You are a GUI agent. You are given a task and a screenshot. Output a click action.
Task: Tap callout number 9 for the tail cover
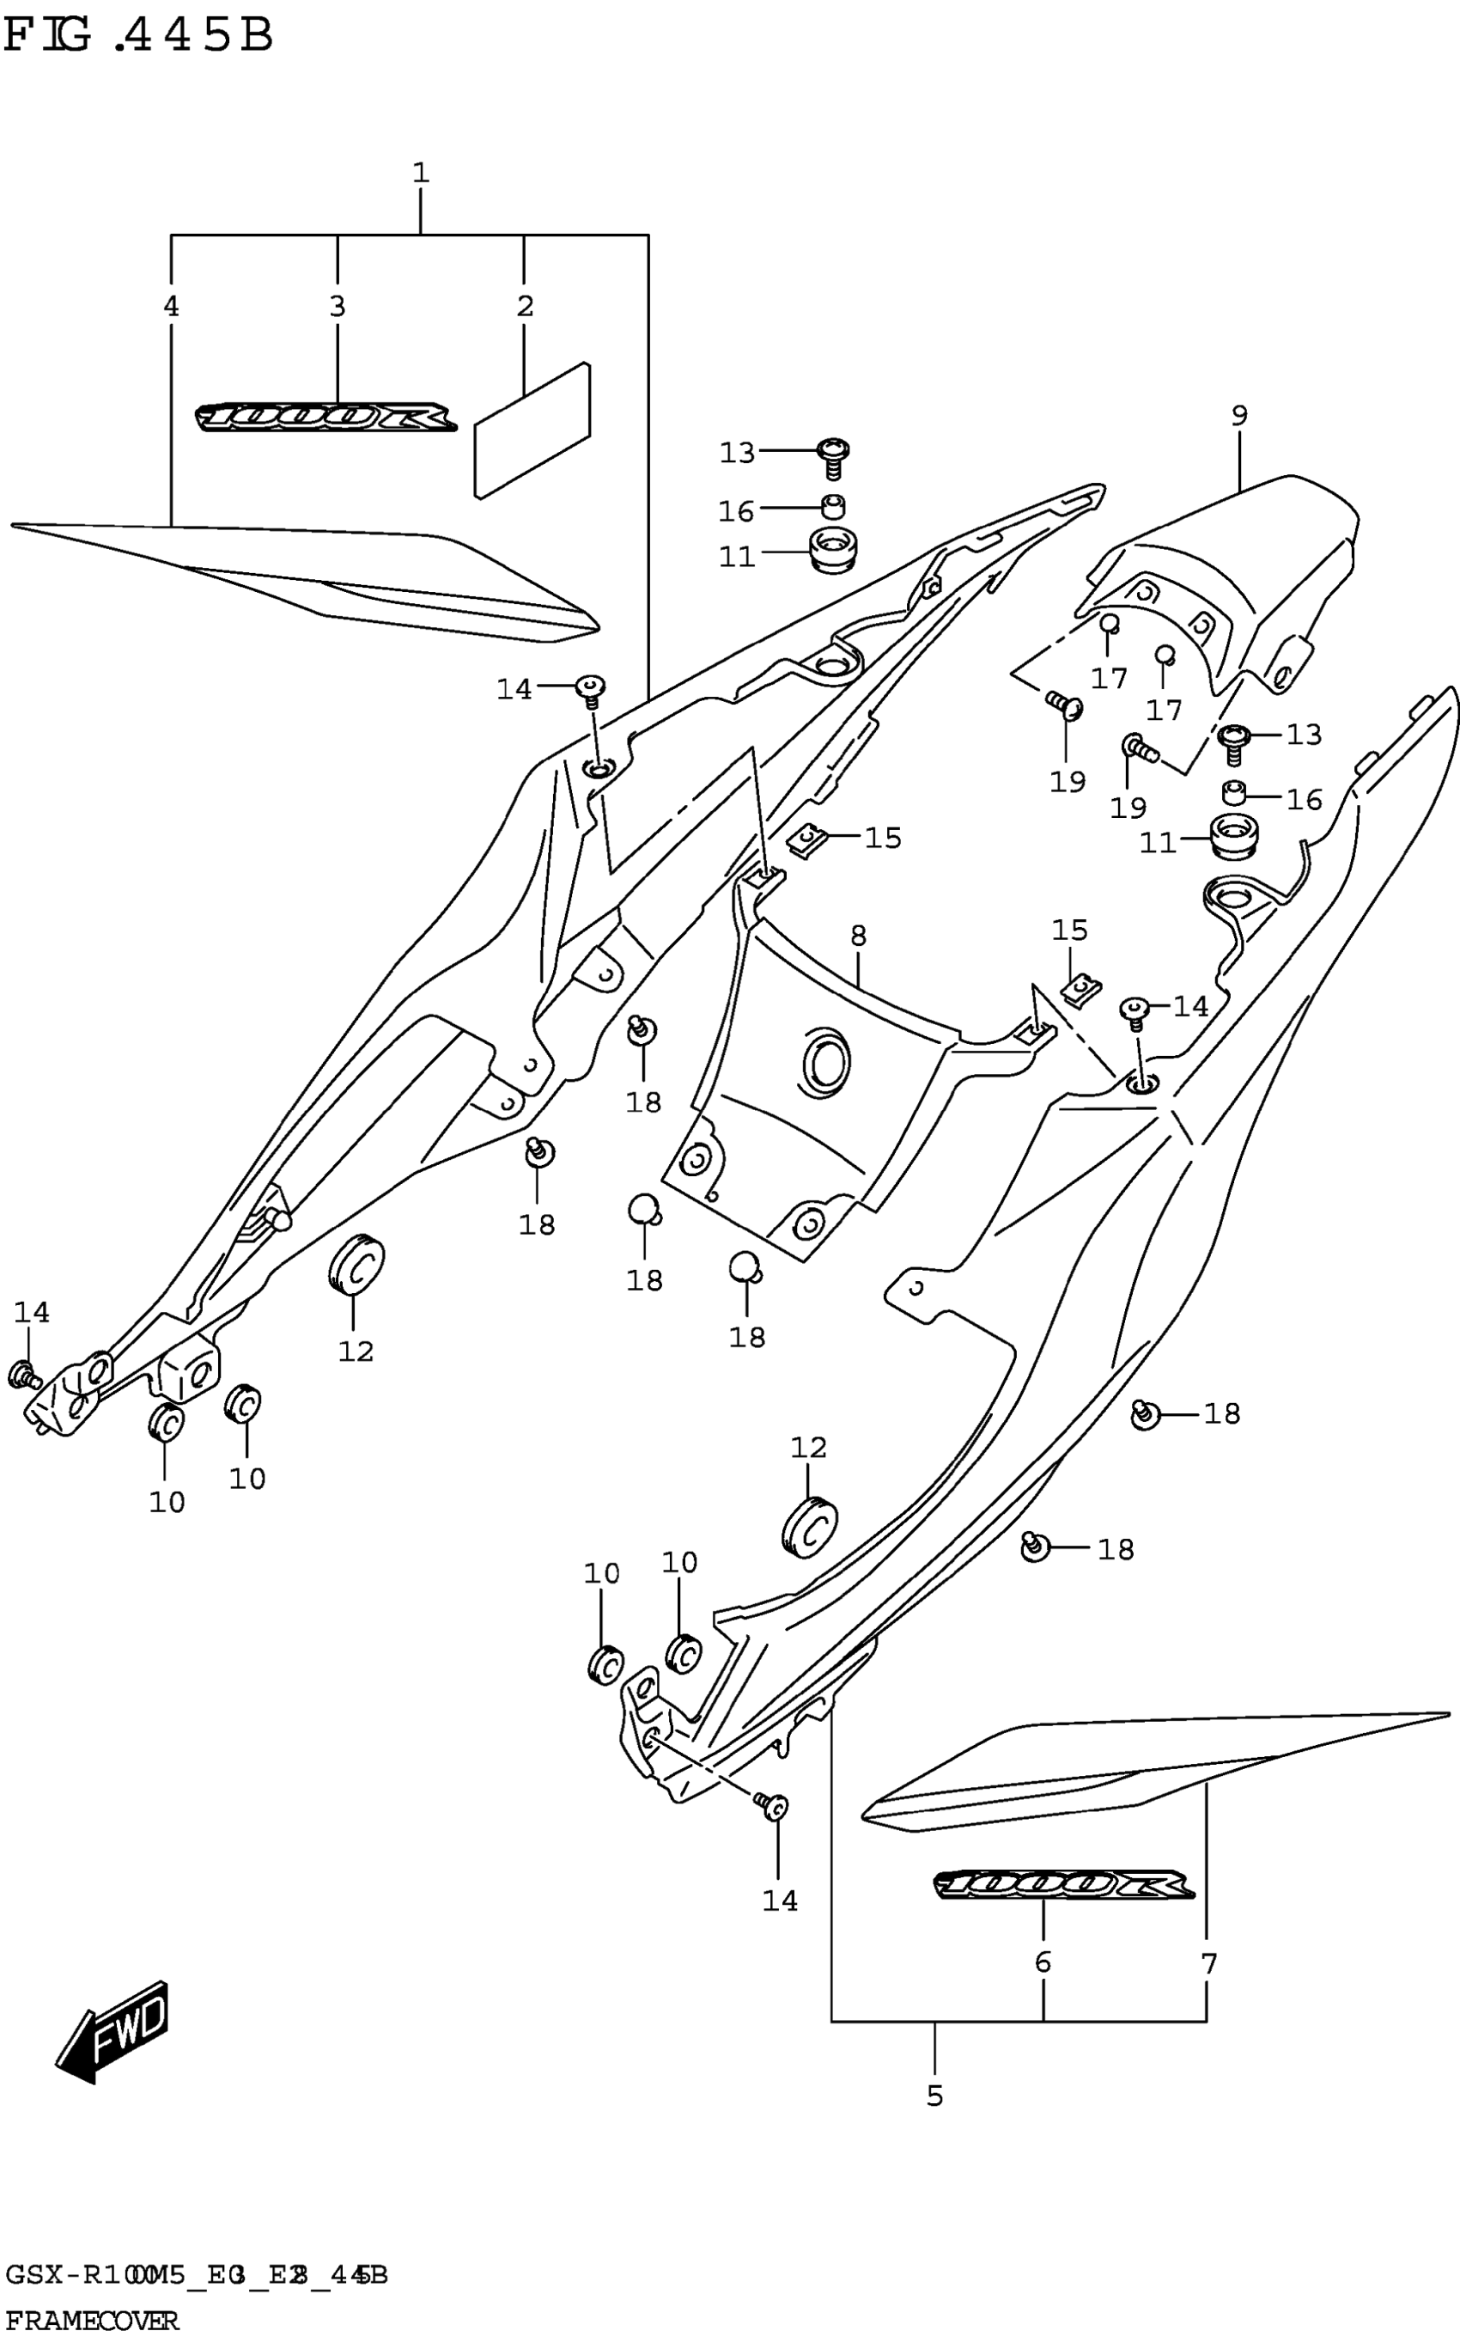point(1239,416)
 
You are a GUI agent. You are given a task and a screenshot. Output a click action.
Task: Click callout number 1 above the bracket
point(420,174)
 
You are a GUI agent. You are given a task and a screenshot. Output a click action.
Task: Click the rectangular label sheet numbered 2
point(532,430)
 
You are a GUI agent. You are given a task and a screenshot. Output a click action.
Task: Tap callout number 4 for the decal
point(171,306)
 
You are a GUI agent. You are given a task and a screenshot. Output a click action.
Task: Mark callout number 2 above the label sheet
point(525,306)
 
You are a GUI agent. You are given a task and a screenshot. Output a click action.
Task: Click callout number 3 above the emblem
point(337,306)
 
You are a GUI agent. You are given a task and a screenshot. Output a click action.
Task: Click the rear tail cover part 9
point(1245,570)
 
